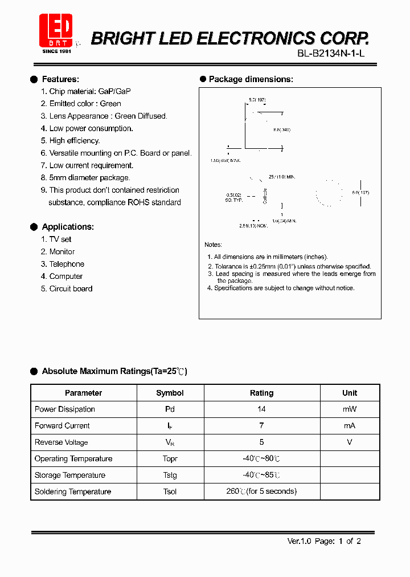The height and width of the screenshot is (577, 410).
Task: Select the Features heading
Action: click(x=60, y=79)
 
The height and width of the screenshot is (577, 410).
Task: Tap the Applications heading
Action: click(x=67, y=227)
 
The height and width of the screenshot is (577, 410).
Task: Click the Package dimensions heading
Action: click(x=251, y=79)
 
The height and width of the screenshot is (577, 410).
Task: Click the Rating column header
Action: click(x=261, y=393)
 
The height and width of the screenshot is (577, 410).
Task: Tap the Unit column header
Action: click(x=350, y=393)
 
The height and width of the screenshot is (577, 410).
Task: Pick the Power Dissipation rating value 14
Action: click(x=261, y=409)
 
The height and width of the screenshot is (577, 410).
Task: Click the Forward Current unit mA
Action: click(x=350, y=426)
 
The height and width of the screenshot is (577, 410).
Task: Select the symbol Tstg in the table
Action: click(x=170, y=476)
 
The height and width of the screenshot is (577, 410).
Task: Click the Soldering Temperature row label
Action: click(x=73, y=492)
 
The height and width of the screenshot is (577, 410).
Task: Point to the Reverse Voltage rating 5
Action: click(x=261, y=442)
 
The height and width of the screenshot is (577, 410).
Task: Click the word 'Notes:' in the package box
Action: click(x=214, y=245)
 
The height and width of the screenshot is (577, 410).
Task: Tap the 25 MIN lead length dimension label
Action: click(x=282, y=178)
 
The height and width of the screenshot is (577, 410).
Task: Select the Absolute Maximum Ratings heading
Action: click(x=114, y=371)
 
